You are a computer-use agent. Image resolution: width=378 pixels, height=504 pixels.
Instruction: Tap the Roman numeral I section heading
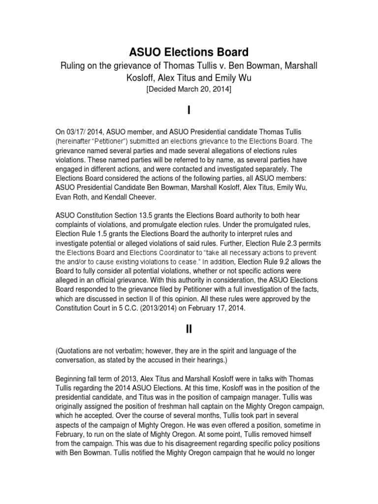[x=189, y=111]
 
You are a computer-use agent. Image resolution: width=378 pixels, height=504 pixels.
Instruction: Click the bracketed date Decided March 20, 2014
[x=189, y=89]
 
